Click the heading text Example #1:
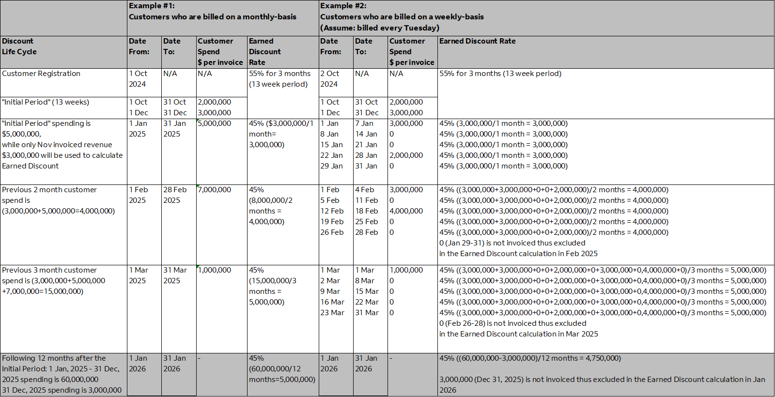[x=152, y=6]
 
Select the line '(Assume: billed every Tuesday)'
[x=380, y=28]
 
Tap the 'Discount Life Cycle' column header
[x=19, y=46]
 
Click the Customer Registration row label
[x=41, y=74]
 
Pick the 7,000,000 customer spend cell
[x=215, y=190]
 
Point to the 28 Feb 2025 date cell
[x=175, y=195]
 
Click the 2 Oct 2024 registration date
[x=329, y=79]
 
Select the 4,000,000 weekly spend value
[x=406, y=211]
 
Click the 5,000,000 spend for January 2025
[x=215, y=123]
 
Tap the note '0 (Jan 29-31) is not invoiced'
[x=512, y=243]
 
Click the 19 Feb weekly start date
[x=332, y=222]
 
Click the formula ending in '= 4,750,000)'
[x=530, y=358]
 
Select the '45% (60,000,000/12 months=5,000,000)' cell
[x=282, y=369]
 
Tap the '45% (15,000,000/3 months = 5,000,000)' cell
[x=273, y=286]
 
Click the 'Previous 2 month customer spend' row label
[x=58, y=200]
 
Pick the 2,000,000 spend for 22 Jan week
[x=406, y=155]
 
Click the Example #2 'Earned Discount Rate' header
[x=477, y=41]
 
